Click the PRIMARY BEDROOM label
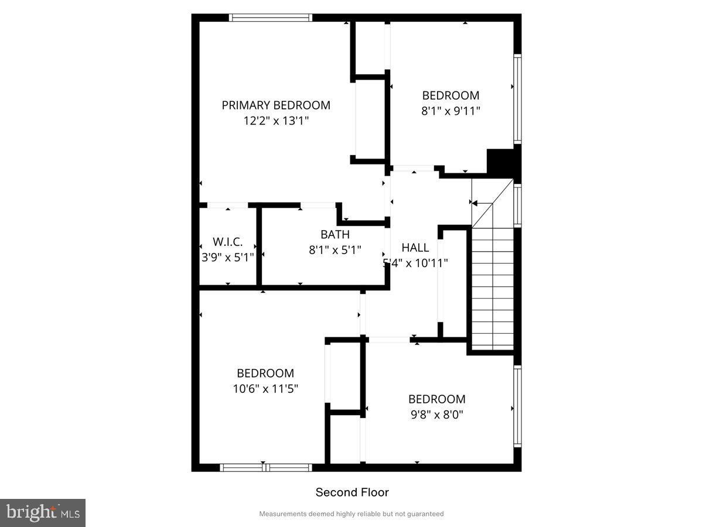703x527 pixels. pyautogui.click(x=275, y=105)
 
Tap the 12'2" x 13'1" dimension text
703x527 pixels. pyautogui.click(x=275, y=121)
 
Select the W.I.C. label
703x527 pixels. pyautogui.click(x=227, y=242)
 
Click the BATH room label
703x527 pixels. pyautogui.click(x=335, y=235)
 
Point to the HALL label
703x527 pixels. pyautogui.click(x=415, y=248)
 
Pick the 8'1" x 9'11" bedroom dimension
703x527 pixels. pyautogui.click(x=451, y=111)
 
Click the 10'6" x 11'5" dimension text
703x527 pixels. pyautogui.click(x=265, y=388)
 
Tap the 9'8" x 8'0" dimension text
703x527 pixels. pyautogui.click(x=436, y=414)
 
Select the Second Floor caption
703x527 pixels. pyautogui.click(x=352, y=492)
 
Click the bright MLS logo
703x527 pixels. pyautogui.click(x=43, y=513)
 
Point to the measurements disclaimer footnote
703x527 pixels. pyautogui.click(x=351, y=514)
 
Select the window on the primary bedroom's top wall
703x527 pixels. pyautogui.click(x=270, y=18)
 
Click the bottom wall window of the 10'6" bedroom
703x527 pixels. pyautogui.click(x=265, y=467)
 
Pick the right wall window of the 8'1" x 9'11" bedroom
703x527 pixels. pyautogui.click(x=518, y=98)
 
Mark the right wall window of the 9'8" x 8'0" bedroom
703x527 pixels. pyautogui.click(x=518, y=406)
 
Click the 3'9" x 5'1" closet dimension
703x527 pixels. pyautogui.click(x=227, y=257)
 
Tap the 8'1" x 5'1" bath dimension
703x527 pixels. pyautogui.click(x=335, y=249)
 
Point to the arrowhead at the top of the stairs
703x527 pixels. pyautogui.click(x=475, y=203)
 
